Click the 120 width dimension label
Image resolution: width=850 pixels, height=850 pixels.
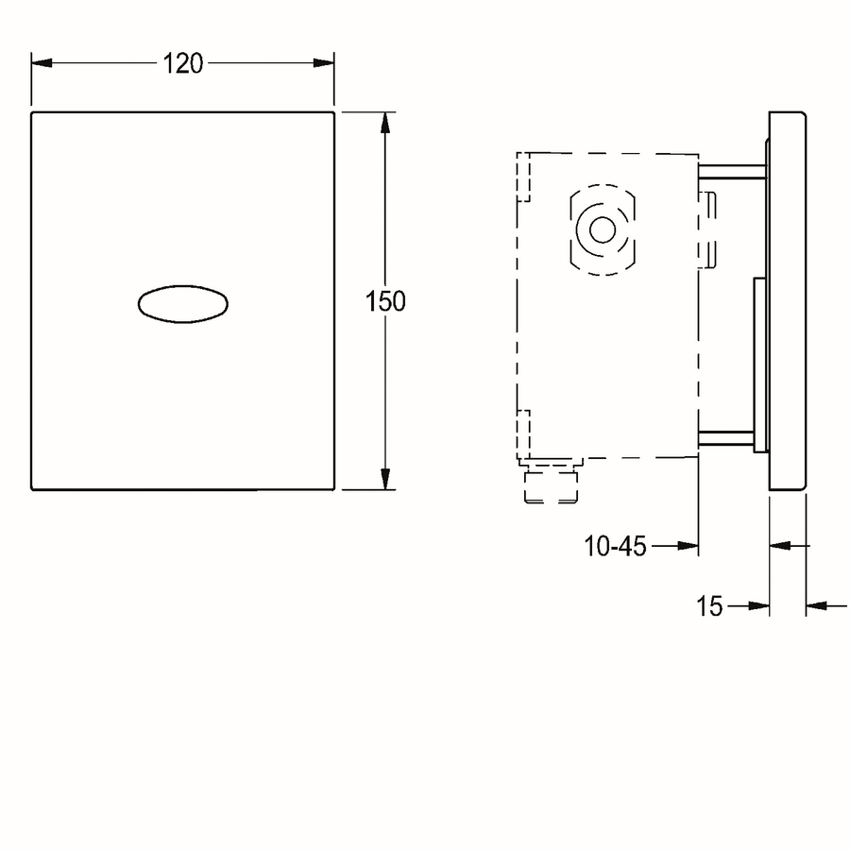(x=182, y=63)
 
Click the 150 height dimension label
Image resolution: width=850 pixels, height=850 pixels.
(x=385, y=301)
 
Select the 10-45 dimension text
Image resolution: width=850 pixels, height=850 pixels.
(x=615, y=546)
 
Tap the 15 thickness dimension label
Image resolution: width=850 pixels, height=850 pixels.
(x=709, y=606)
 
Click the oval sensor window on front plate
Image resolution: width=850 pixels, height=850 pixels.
(x=182, y=304)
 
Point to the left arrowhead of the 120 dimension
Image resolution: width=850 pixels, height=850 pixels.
(x=42, y=63)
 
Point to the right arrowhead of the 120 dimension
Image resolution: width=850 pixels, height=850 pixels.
(x=324, y=63)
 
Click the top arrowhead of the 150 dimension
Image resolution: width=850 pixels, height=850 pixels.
(x=385, y=123)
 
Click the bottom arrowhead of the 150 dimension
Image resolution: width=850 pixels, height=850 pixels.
(x=385, y=479)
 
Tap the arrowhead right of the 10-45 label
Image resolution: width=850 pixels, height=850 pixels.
(x=688, y=546)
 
